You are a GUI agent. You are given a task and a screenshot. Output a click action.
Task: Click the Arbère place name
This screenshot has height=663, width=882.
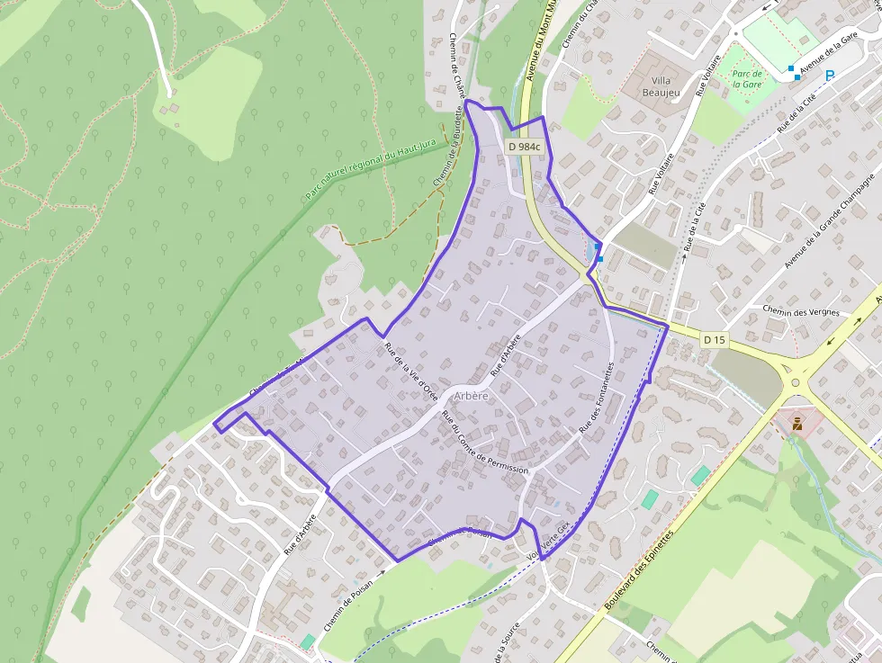click(472, 396)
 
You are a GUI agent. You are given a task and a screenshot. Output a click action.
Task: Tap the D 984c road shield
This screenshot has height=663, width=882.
click(524, 147)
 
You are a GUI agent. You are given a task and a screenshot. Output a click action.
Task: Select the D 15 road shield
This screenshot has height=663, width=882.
click(714, 339)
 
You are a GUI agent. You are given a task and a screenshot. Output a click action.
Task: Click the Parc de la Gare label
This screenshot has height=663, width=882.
click(747, 78)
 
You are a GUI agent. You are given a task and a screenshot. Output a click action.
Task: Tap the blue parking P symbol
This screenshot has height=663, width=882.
click(830, 76)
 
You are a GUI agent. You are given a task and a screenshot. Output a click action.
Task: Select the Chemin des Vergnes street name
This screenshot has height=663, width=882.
click(800, 312)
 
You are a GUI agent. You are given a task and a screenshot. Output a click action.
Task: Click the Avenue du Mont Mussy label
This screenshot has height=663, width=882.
click(538, 40)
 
